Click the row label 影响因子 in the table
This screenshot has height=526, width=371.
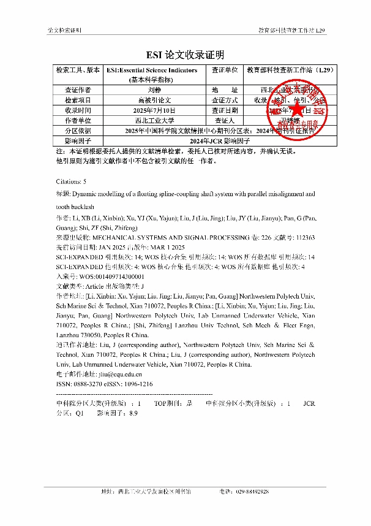pos(77,140)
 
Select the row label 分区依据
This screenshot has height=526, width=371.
pos(77,131)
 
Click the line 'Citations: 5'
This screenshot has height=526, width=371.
pos(71,181)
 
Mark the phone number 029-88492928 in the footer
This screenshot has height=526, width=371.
pos(252,492)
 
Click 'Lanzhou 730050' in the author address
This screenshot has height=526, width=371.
pos(76,336)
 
